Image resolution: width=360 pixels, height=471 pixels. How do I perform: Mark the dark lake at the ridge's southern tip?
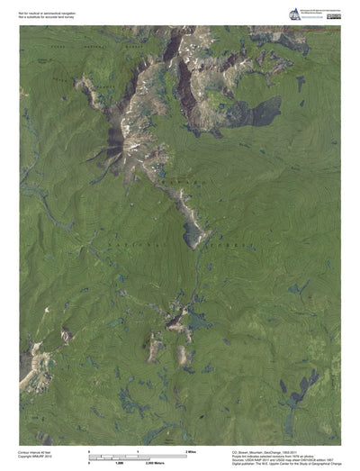(193, 237)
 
